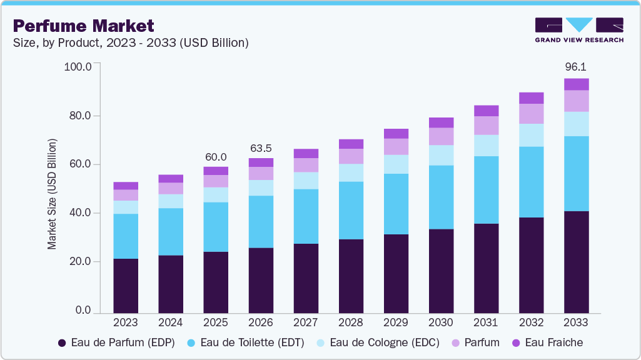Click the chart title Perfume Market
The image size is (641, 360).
[83, 26]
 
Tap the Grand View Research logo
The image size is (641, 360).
[578, 30]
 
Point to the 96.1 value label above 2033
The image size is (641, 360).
[576, 66]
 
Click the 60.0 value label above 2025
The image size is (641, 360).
[216, 157]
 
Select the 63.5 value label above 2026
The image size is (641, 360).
[261, 148]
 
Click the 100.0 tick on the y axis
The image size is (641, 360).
[78, 67]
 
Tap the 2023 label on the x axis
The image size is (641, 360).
[126, 323]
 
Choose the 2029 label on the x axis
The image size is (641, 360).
[396, 323]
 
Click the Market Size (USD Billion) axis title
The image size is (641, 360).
[52, 194]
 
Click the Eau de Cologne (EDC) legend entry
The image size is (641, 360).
[377, 342]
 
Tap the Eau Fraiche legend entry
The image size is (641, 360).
[547, 342]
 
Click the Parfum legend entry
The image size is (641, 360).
[475, 342]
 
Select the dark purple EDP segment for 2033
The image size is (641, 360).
[576, 262]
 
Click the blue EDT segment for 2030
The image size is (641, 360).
[441, 197]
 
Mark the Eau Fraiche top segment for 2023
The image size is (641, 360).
[126, 186]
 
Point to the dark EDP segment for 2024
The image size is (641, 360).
[171, 284]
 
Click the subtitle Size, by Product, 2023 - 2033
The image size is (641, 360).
[131, 43]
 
